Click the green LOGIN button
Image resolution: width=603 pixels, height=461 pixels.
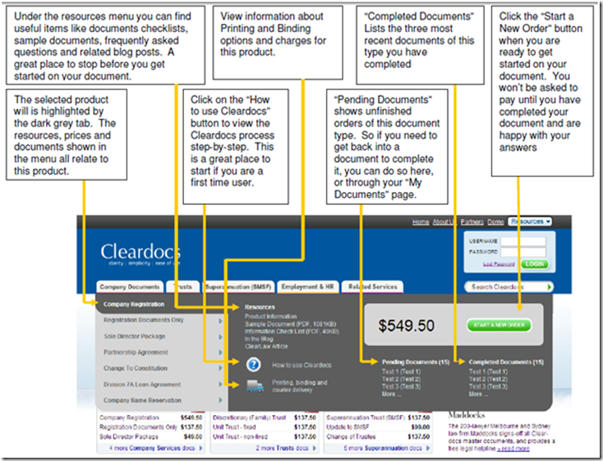coord(535,264)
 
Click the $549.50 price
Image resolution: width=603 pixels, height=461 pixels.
coord(406,326)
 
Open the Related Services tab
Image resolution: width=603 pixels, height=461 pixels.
coord(373,287)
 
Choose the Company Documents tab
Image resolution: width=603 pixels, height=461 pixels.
coord(130,287)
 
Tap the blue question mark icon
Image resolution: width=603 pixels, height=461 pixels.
coord(253,364)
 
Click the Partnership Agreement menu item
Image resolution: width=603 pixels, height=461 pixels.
coord(136,352)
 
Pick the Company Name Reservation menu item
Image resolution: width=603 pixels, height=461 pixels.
coord(142,400)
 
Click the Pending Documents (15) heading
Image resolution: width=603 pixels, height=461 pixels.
coord(416,362)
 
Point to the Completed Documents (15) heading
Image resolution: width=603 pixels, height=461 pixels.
coord(506,362)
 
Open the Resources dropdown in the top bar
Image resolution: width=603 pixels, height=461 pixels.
coord(529,222)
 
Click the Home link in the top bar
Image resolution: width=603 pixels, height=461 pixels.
coord(421,222)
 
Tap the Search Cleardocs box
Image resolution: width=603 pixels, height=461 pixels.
coord(505,287)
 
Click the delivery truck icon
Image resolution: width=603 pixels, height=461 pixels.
coord(253,386)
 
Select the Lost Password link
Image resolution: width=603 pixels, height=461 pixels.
coord(499,264)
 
